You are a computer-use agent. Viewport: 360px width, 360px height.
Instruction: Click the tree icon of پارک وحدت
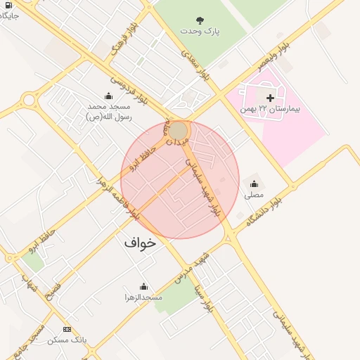(x=200, y=20)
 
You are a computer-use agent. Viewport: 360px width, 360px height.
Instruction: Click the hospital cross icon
(x=270, y=97)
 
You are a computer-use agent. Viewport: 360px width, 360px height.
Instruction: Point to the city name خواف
(x=141, y=242)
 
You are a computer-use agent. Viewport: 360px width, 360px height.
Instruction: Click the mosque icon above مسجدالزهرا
(x=143, y=286)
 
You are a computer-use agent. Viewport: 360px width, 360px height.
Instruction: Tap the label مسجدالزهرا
(x=143, y=297)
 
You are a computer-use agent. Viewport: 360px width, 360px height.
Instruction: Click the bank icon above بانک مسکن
(x=67, y=329)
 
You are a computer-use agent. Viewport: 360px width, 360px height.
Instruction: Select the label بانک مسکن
(x=67, y=340)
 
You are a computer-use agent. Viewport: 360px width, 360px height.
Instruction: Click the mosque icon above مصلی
(x=254, y=183)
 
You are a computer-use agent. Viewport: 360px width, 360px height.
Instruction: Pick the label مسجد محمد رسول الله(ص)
(x=108, y=111)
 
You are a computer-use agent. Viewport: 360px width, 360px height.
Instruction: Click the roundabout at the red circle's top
(x=179, y=131)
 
